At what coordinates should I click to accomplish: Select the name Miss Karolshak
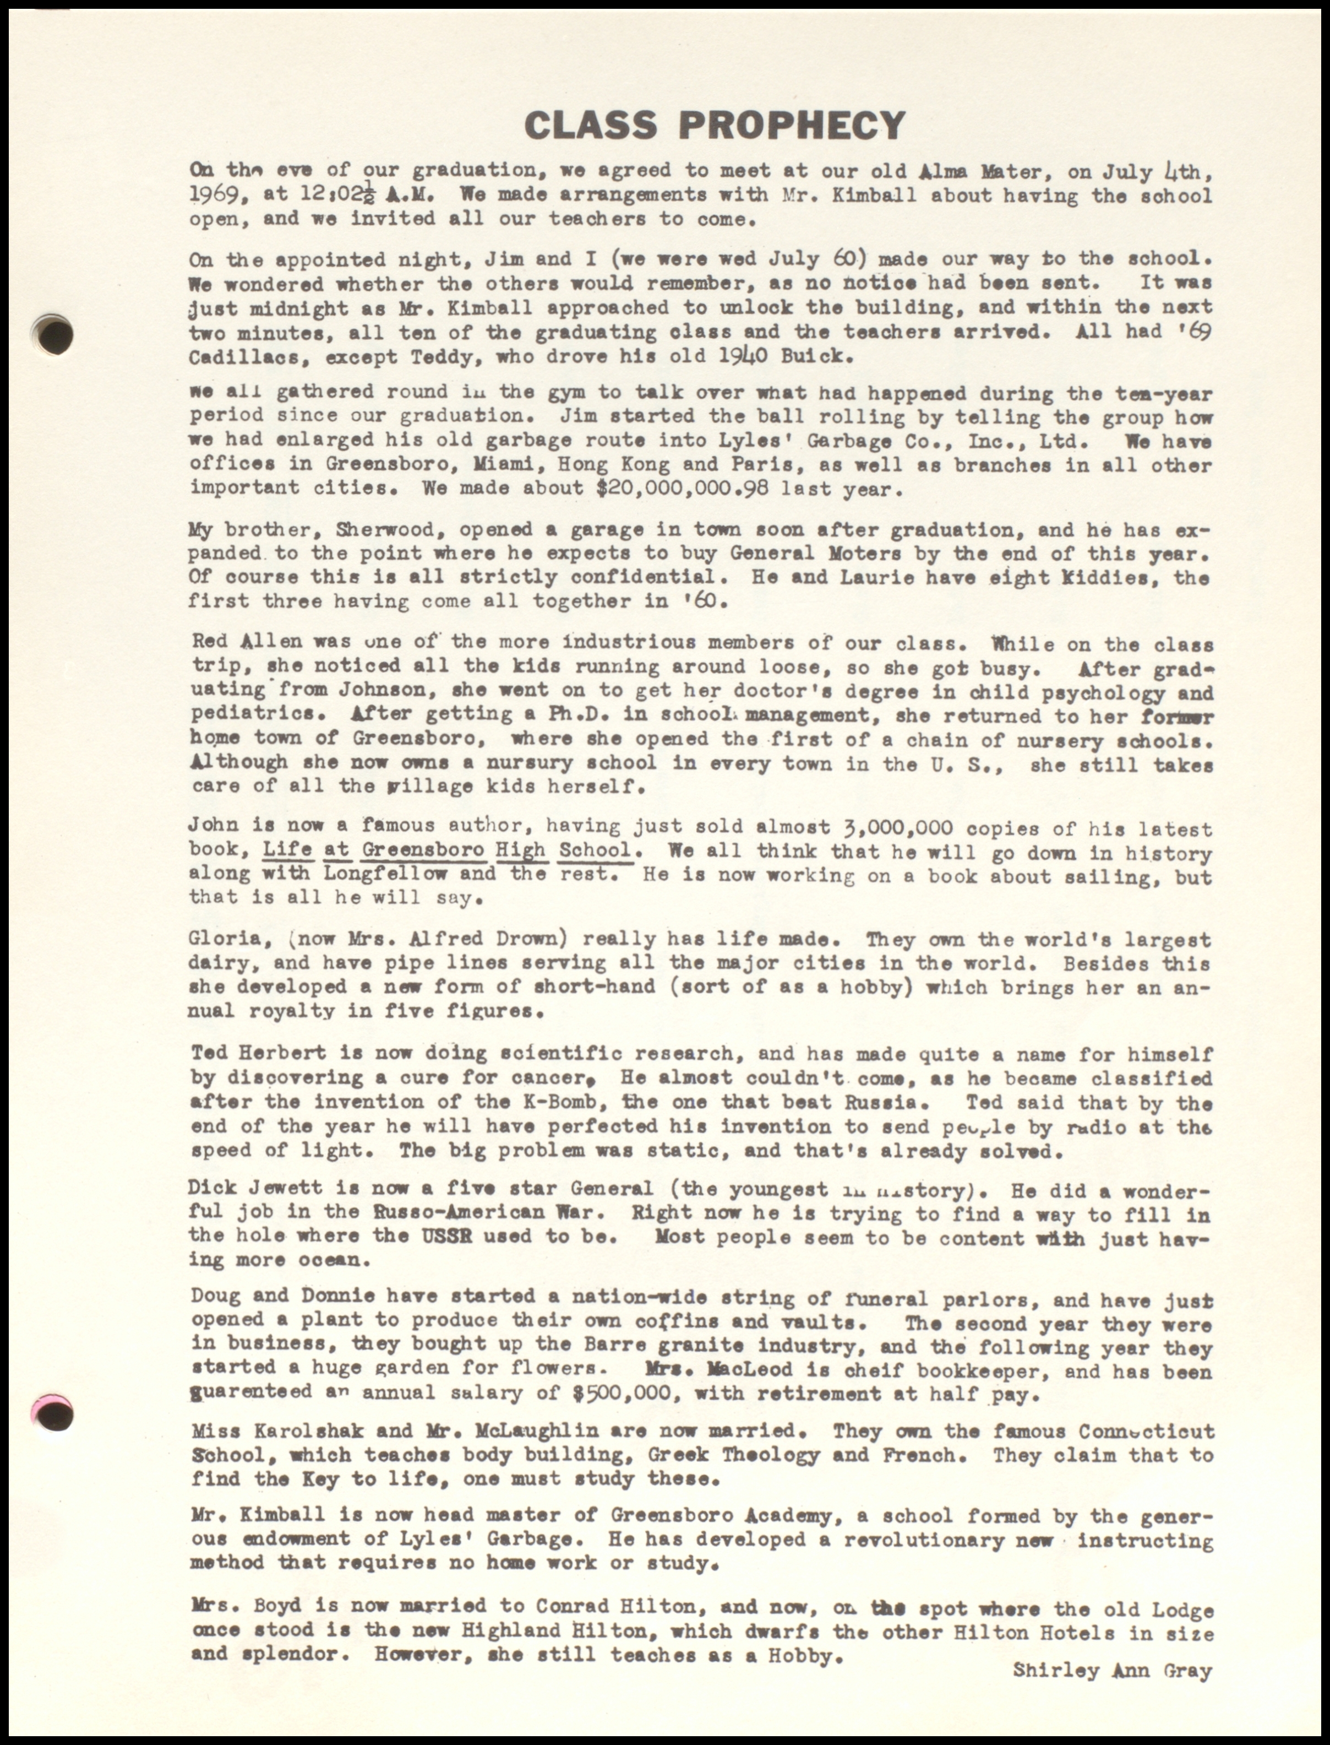(277, 1432)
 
